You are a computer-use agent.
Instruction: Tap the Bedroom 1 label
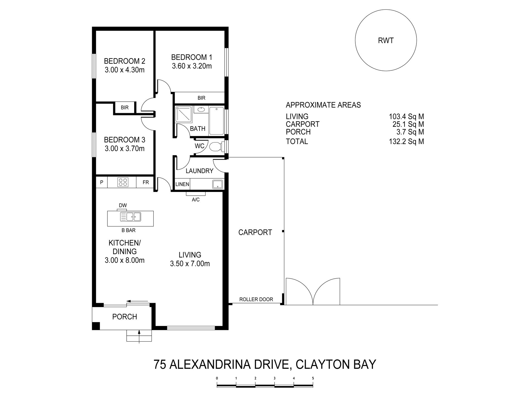coord(192,57)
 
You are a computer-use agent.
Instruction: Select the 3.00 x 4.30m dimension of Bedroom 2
coord(125,70)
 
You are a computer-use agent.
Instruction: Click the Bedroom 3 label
coord(125,140)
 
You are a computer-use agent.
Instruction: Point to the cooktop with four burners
coord(123,182)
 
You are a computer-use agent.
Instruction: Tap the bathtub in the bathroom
coord(216,121)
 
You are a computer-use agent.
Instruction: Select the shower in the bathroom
coord(184,115)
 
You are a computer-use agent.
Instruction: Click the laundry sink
coord(217,184)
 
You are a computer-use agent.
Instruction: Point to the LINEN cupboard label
coord(182,184)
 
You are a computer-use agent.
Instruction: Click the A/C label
coord(196,199)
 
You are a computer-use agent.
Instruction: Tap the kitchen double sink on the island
coord(131,216)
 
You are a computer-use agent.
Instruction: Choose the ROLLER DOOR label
coord(256,299)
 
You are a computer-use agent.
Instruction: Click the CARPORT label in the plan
coord(255,232)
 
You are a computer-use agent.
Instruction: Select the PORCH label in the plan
coord(125,317)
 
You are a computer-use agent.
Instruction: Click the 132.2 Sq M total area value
coord(406,142)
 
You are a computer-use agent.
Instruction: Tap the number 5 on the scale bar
coord(313,378)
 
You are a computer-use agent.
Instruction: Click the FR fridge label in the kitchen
coord(146,182)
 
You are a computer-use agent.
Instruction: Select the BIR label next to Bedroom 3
coord(125,107)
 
